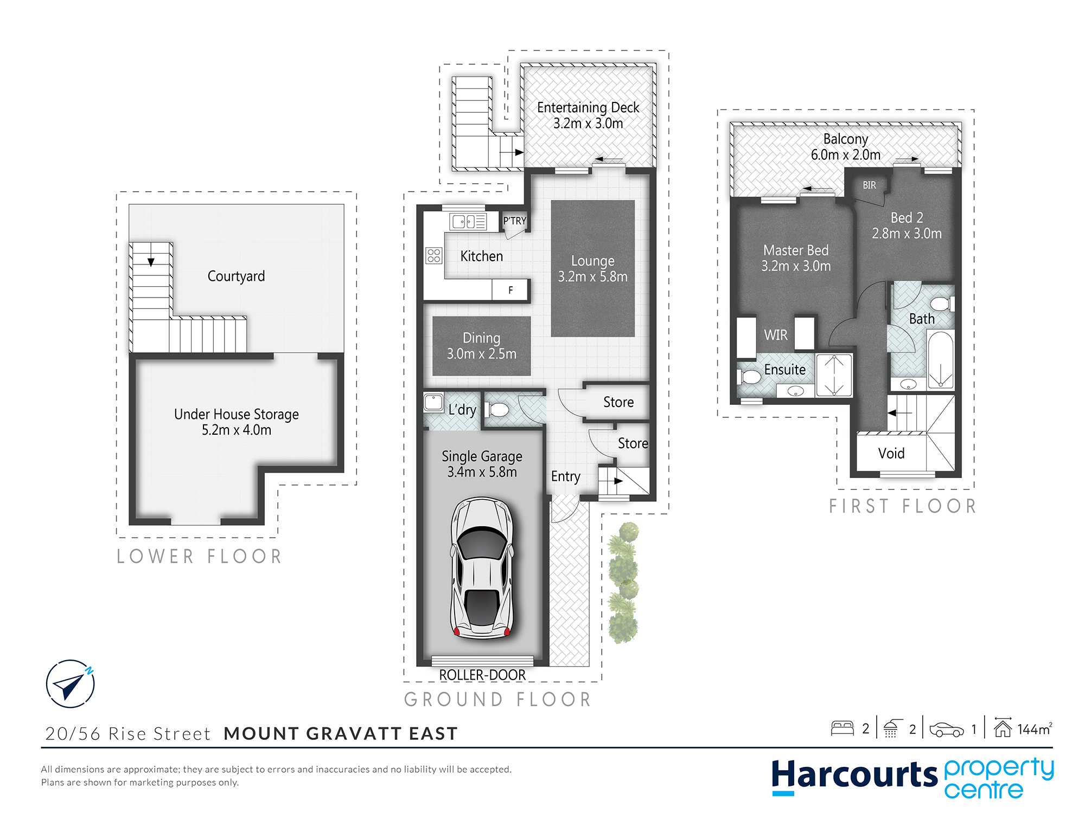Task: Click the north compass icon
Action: (x=71, y=683)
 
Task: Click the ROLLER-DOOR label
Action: (x=482, y=675)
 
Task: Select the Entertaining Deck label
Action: (x=588, y=107)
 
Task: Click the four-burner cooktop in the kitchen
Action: (x=434, y=255)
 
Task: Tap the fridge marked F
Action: (x=510, y=290)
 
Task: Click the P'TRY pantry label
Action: (x=514, y=221)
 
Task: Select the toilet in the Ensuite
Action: (x=749, y=376)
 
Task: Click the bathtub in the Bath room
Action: (x=941, y=359)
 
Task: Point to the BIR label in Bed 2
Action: (x=869, y=185)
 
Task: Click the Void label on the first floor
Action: (x=891, y=453)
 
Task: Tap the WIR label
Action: (x=776, y=335)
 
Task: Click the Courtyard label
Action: (x=236, y=276)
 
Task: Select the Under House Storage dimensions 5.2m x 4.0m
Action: (x=237, y=430)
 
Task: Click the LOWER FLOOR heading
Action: (x=199, y=556)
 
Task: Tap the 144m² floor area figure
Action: (x=1035, y=729)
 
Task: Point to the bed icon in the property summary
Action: (x=842, y=728)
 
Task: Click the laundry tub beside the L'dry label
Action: (x=433, y=402)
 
